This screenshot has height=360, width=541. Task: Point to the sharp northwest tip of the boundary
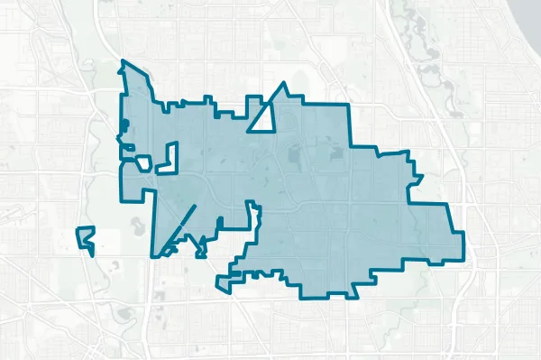(123, 62)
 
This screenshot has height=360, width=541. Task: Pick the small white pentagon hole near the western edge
(142, 163)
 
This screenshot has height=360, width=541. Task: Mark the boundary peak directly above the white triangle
(284, 83)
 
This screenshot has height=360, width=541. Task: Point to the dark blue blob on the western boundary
(124, 127)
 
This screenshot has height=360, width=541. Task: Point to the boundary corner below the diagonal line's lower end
(161, 257)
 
